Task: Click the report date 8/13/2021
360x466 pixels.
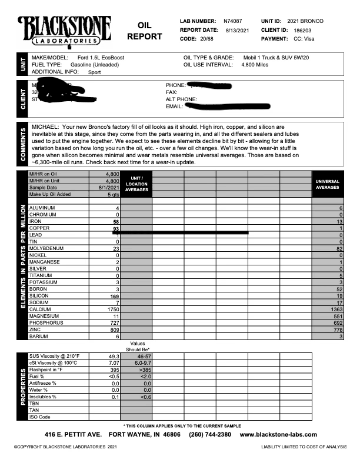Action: point(237,29)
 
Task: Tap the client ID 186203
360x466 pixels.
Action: point(304,29)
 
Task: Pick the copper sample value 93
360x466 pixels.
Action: point(116,228)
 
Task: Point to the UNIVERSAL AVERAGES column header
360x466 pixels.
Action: point(327,184)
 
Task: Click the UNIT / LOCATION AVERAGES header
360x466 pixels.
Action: point(136,184)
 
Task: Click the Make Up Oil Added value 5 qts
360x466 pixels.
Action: point(113,195)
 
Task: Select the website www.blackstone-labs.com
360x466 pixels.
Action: point(278,435)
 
